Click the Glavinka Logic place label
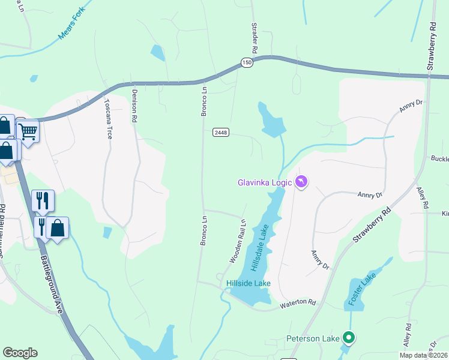coord(264,182)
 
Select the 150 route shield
coord(247,63)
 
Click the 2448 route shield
coord(220,132)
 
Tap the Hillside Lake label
coord(248,283)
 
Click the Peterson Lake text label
coord(313,338)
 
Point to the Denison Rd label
coord(134,106)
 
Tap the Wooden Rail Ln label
coord(238,241)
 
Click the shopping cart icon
coord(28,130)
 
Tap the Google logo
coord(20,353)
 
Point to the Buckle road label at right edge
coord(439,159)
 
